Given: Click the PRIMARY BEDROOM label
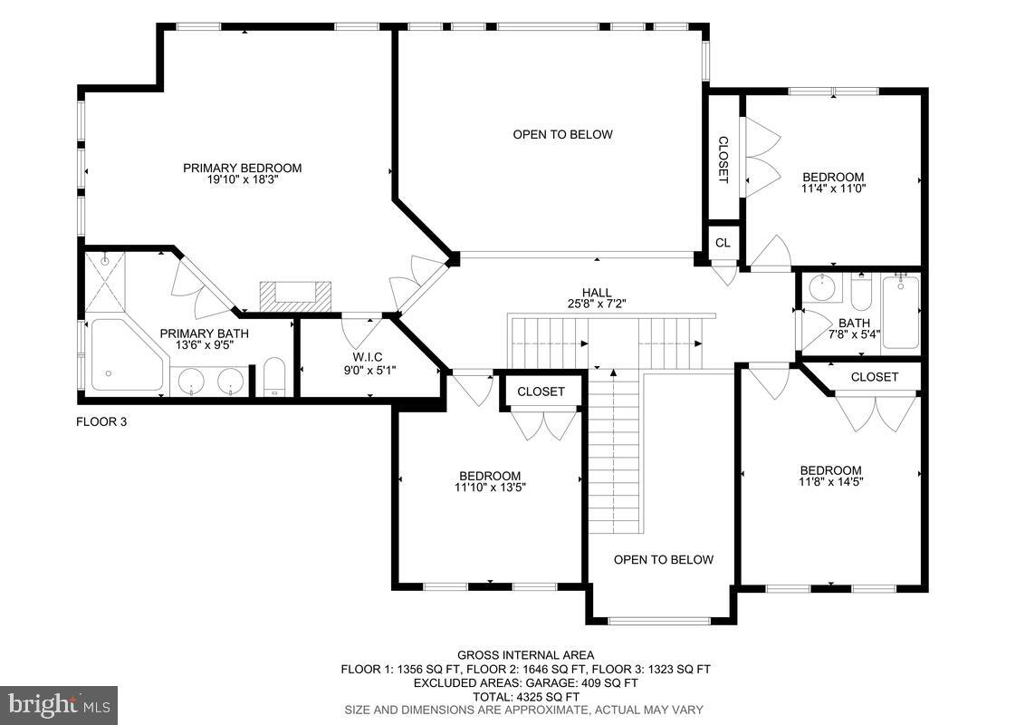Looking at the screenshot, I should pyautogui.click(x=242, y=168).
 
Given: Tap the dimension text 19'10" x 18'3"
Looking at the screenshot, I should pyautogui.click(x=242, y=180).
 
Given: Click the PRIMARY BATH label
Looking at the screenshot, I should pyautogui.click(x=204, y=333).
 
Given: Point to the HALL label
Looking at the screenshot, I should pyautogui.click(x=597, y=292).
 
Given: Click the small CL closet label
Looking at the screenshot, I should pyautogui.click(x=723, y=243).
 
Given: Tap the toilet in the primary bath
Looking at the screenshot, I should pyautogui.click(x=274, y=378).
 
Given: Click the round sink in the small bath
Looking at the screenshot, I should pyautogui.click(x=822, y=289).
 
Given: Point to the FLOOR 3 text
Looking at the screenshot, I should pyautogui.click(x=101, y=421).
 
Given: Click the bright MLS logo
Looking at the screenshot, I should pyautogui.click(x=59, y=703).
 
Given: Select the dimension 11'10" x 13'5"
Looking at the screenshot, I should pyautogui.click(x=490, y=488).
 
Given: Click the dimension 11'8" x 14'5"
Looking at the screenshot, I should pyautogui.click(x=830, y=482).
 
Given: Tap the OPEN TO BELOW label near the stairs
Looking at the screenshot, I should pyautogui.click(x=663, y=559).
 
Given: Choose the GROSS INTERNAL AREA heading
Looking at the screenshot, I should pyautogui.click(x=525, y=655).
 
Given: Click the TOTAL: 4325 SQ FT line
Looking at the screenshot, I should pyautogui.click(x=525, y=696).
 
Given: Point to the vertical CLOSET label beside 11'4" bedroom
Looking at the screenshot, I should pyautogui.click(x=723, y=159).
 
